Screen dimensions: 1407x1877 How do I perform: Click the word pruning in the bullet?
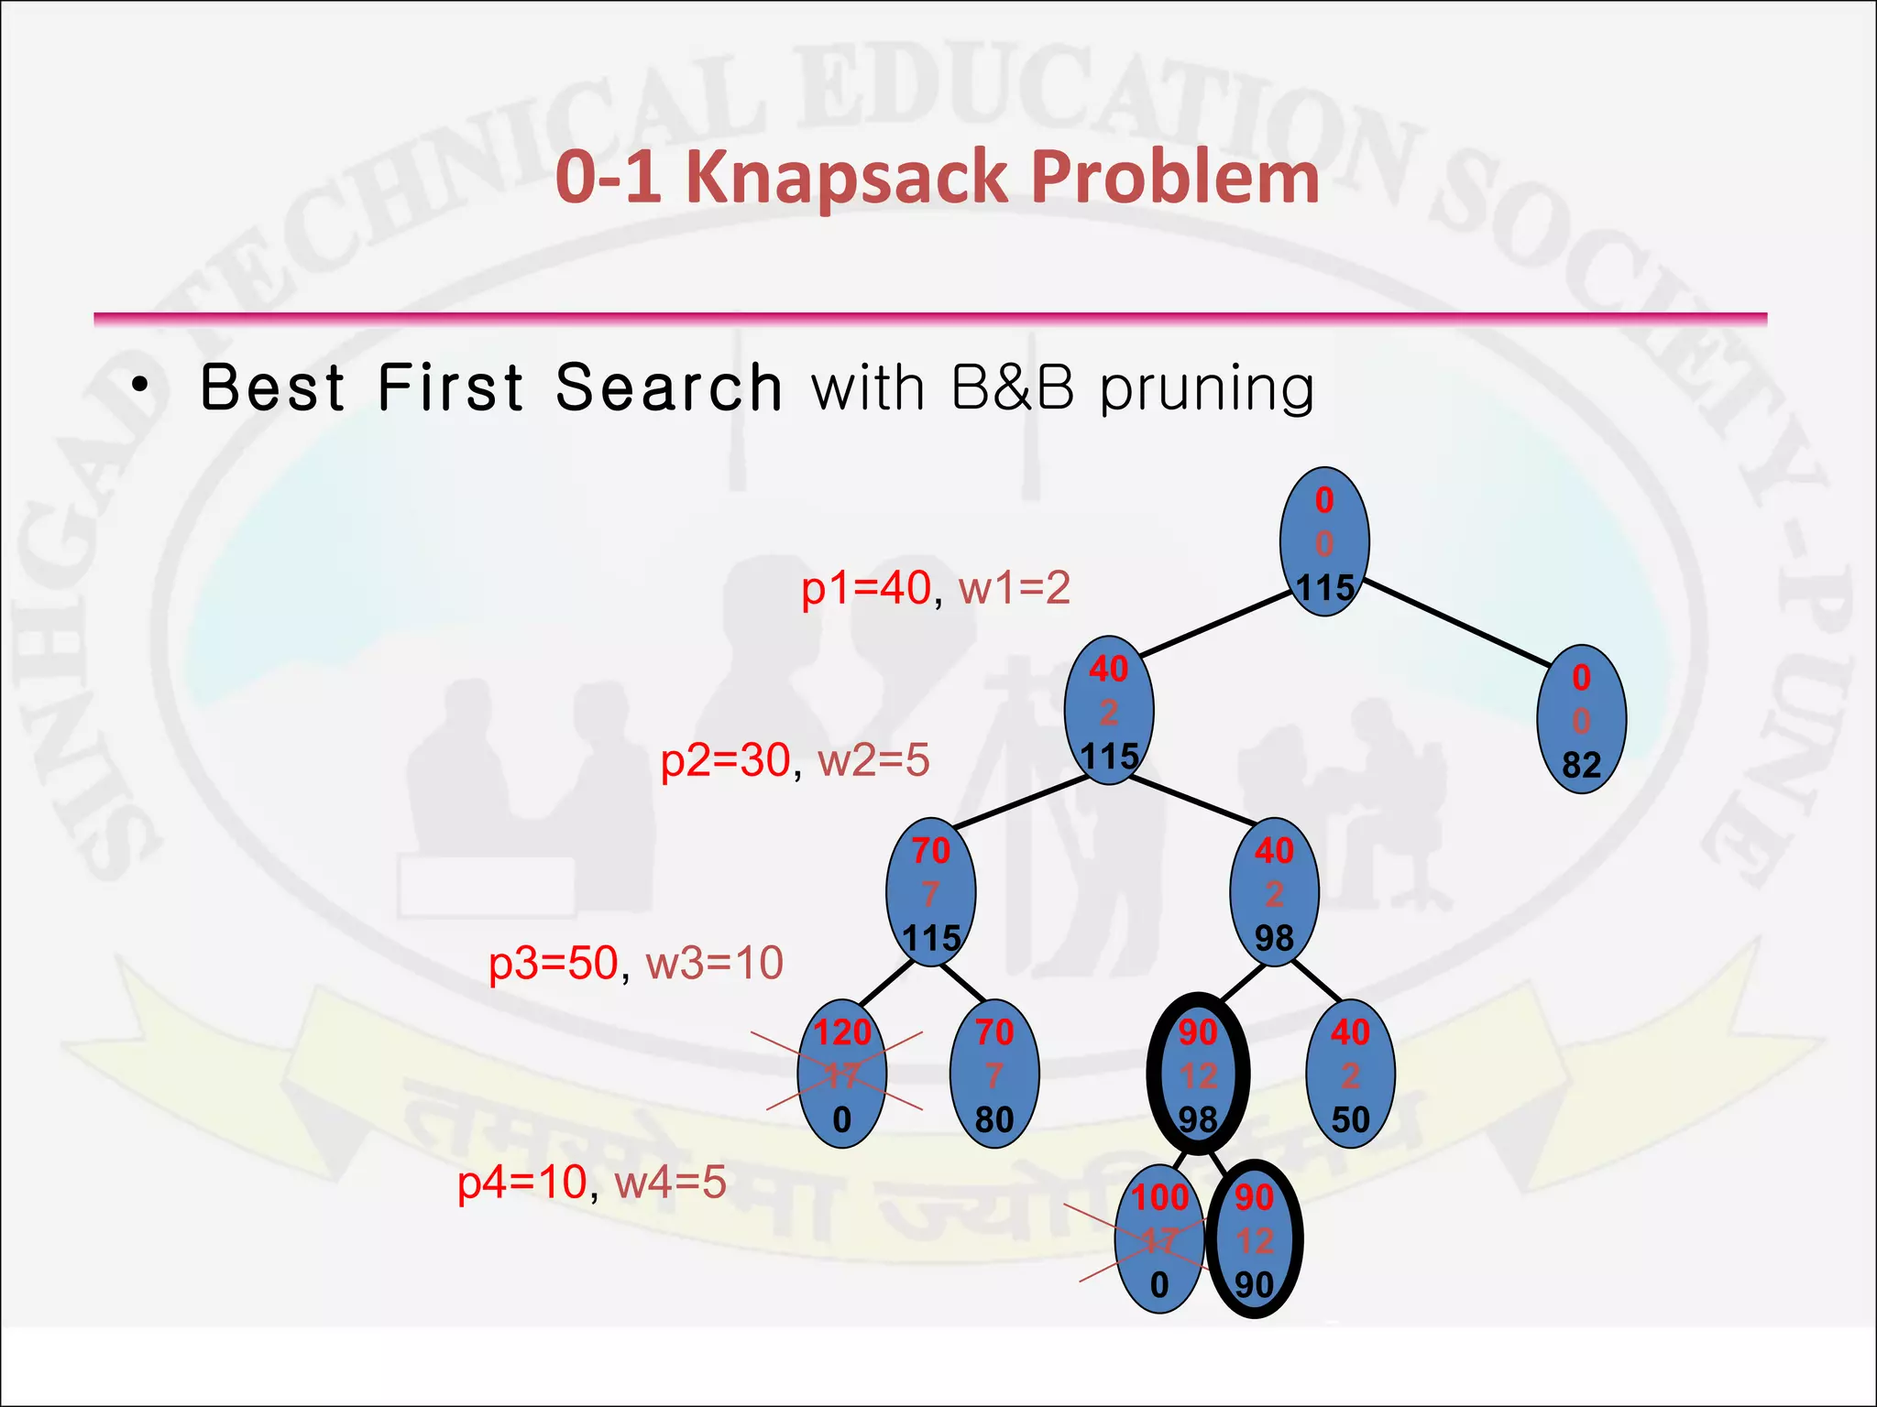1207,388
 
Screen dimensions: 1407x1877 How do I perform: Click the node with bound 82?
1581,720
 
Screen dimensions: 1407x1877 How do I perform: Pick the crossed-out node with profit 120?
841,1074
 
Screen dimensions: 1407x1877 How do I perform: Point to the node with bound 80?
994,1074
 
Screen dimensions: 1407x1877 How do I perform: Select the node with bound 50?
1350,1074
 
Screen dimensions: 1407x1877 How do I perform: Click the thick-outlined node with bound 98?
1198,1074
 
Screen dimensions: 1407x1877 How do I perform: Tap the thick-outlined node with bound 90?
1255,1240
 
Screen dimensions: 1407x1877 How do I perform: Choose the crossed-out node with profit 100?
1159,1240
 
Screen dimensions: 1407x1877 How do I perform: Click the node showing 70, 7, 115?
930,893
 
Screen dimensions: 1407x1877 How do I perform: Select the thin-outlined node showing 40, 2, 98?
1274,893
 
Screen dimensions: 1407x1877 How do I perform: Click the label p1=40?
865,588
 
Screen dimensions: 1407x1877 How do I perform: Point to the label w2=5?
873,760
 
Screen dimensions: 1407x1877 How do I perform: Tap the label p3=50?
553,964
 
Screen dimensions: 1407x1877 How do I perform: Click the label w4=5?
670,1182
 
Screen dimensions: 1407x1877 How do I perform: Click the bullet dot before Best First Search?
138,386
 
